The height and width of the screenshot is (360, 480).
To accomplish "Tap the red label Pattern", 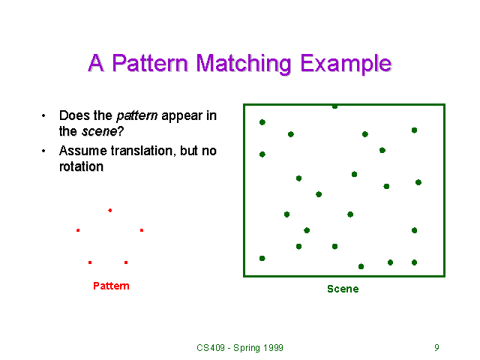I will pyautogui.click(x=111, y=286).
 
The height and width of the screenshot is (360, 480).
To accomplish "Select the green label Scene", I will pyautogui.click(x=343, y=289).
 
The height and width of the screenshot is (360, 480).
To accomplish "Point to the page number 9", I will pyautogui.click(x=436, y=348).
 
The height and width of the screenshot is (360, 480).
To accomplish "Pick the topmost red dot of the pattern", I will pyautogui.click(x=109, y=210).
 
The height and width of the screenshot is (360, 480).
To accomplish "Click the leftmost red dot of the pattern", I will pyautogui.click(x=78, y=230).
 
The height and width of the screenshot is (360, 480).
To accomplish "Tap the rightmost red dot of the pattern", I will pyautogui.click(x=141, y=230).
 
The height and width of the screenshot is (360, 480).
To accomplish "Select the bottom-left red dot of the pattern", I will pyautogui.click(x=90, y=262).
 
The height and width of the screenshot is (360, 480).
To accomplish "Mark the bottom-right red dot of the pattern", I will pyautogui.click(x=126, y=262).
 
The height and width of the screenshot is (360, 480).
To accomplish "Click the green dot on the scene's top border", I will pyautogui.click(x=334, y=106).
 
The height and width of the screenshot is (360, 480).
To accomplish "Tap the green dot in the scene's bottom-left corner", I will pyautogui.click(x=262, y=258).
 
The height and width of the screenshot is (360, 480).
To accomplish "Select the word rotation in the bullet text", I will pyautogui.click(x=81, y=166).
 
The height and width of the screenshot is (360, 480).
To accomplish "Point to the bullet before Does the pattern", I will pyautogui.click(x=43, y=116).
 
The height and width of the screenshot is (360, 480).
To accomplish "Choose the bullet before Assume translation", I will pyautogui.click(x=43, y=151).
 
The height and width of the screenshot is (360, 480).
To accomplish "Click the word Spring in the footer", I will pyautogui.click(x=244, y=348).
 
